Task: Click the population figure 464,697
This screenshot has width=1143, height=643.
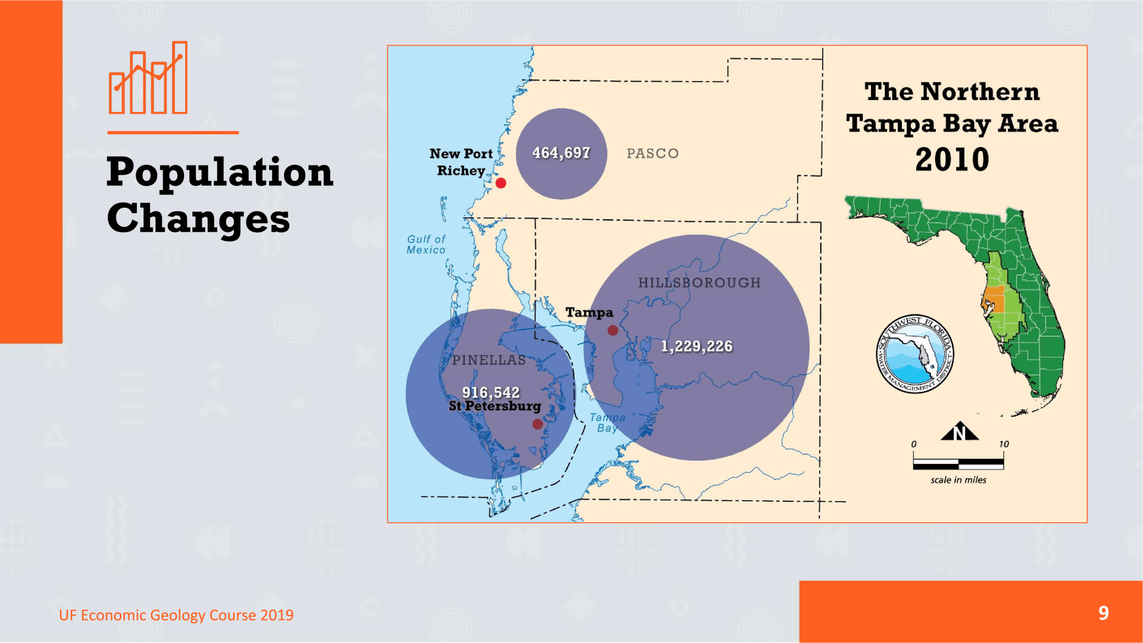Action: click(561, 153)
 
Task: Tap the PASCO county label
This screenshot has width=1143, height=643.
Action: click(652, 154)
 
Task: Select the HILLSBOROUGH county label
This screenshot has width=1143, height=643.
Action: click(699, 283)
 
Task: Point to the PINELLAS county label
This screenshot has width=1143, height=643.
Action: click(489, 360)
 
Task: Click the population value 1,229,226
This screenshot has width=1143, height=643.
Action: click(697, 347)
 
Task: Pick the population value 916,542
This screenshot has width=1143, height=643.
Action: click(491, 392)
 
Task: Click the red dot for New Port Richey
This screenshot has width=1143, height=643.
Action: click(501, 183)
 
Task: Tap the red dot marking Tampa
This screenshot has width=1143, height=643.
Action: click(613, 330)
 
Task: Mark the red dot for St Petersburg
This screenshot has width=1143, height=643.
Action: click(538, 424)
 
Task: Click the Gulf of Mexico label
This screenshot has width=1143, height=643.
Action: click(426, 245)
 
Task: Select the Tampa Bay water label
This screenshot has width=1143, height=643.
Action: click(607, 423)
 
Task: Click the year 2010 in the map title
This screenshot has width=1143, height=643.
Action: click(952, 160)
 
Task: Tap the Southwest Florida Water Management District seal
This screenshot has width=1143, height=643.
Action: click(914, 354)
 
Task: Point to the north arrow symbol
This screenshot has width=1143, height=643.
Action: click(960, 431)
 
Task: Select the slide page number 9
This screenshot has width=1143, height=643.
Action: click(1104, 613)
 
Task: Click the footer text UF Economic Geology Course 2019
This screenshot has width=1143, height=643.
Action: click(176, 615)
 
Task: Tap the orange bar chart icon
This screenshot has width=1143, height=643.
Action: click(148, 77)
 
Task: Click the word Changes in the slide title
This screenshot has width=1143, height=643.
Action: click(198, 219)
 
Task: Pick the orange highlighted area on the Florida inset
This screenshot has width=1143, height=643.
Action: click(994, 300)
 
